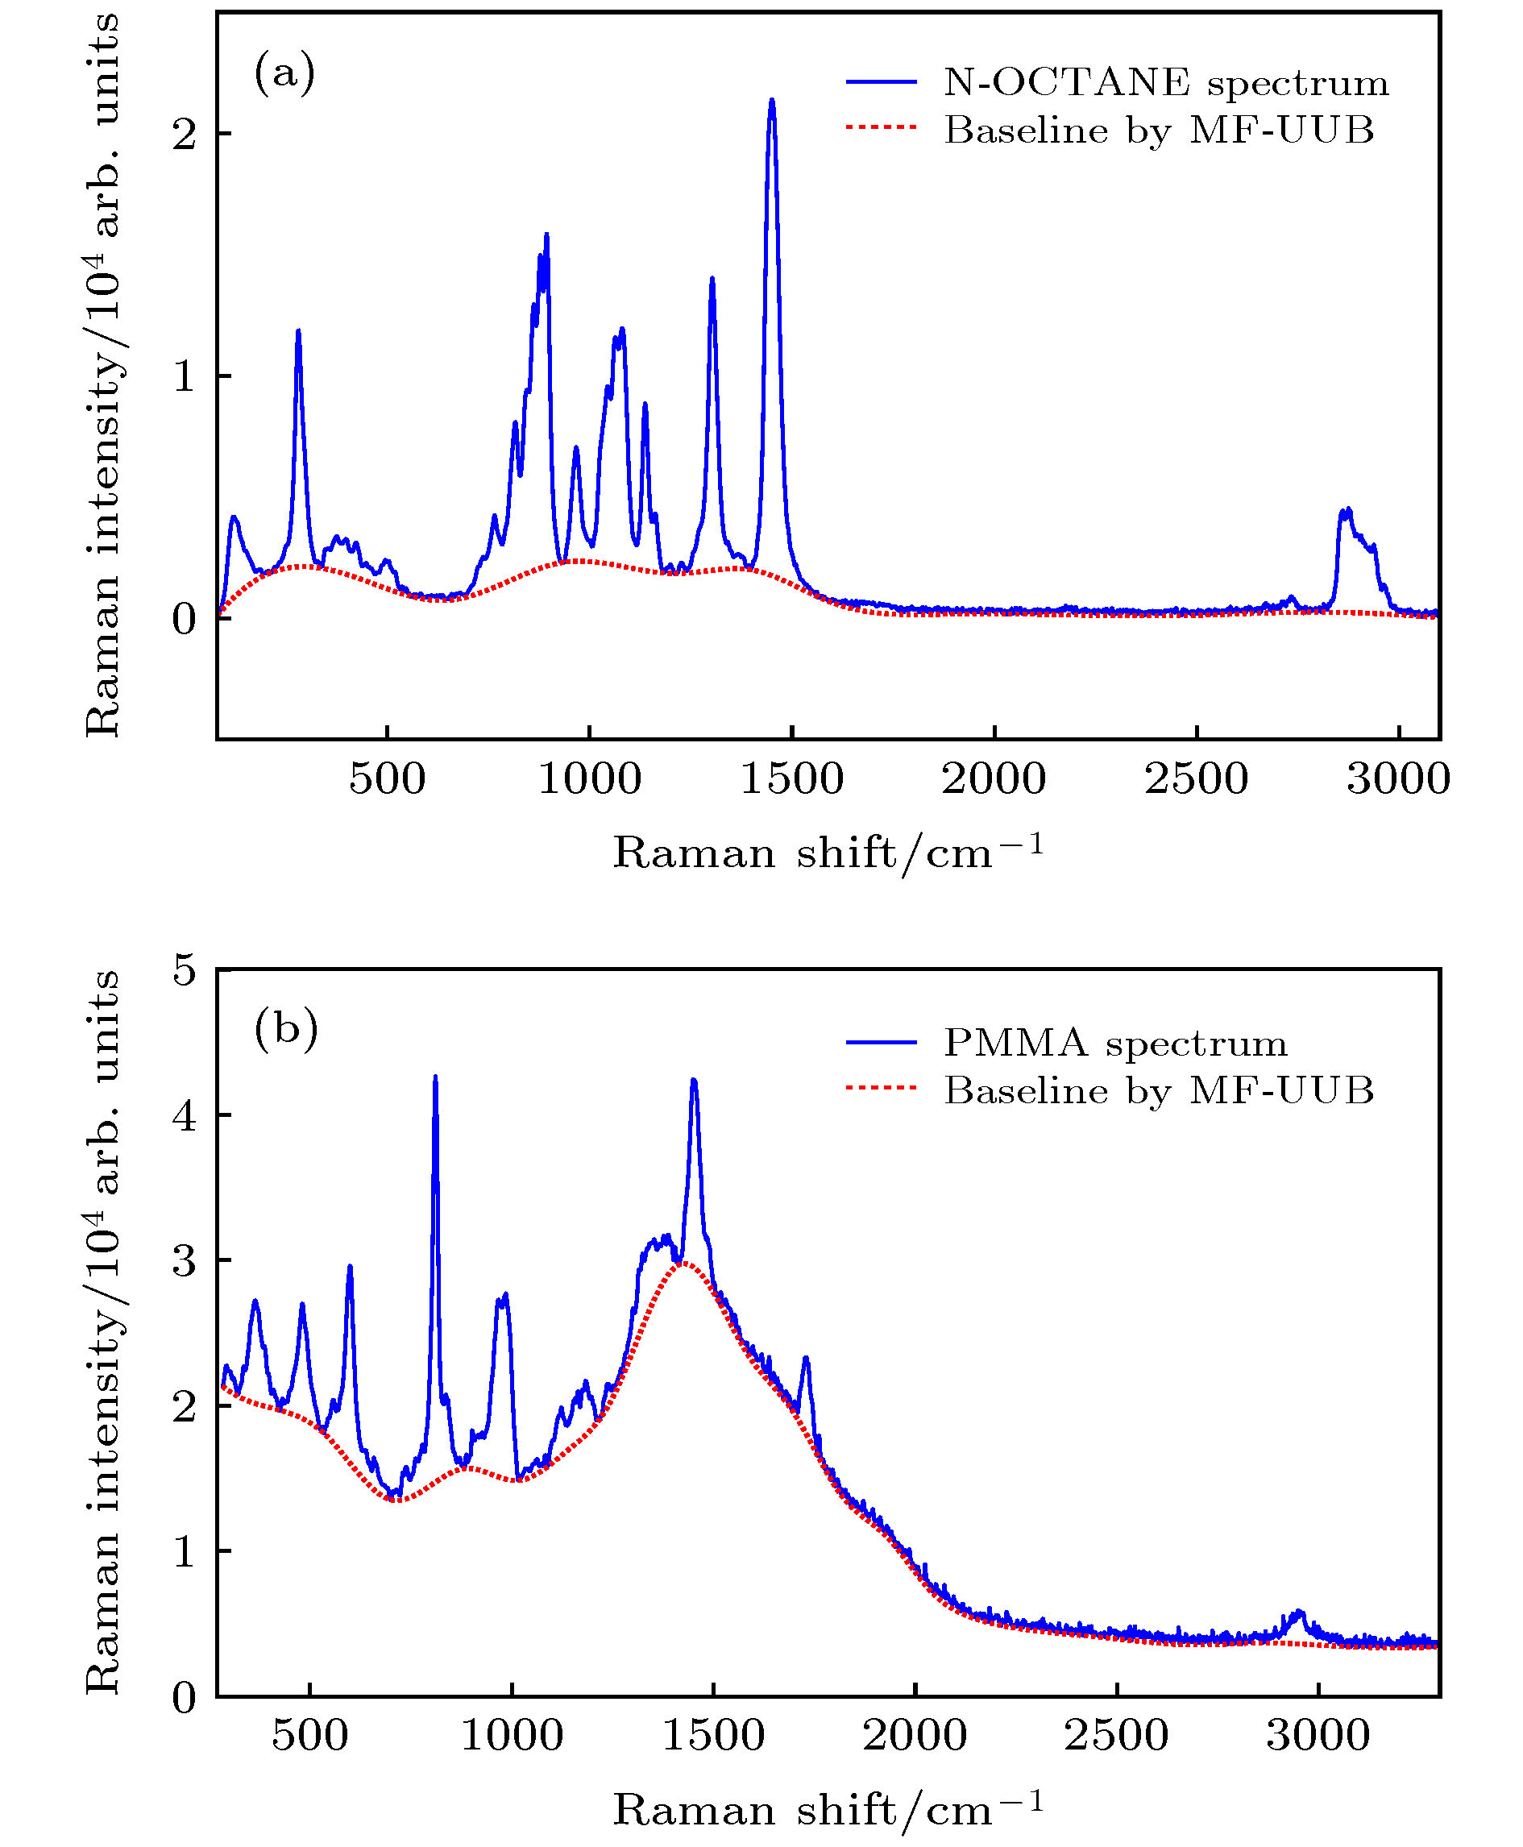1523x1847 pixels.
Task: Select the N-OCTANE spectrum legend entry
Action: pos(1165,82)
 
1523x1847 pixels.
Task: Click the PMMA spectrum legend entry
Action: pos(1114,1043)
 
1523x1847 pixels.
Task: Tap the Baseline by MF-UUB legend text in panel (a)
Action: pos(1158,130)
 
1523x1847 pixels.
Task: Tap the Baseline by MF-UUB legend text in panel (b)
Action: pos(1158,1090)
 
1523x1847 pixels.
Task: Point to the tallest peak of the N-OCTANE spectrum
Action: pos(771,102)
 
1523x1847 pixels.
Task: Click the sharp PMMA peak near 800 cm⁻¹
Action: pos(435,1078)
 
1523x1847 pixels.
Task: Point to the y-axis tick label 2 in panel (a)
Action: pos(185,135)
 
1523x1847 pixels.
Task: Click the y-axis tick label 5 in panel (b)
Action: pos(185,971)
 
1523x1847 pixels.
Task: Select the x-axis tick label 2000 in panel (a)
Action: pos(994,779)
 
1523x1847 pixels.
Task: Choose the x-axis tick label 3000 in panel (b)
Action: pos(1318,1736)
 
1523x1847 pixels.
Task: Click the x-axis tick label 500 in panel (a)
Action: pos(387,779)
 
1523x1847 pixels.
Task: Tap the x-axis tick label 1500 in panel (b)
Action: pos(713,1736)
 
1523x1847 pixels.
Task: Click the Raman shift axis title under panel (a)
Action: pos(828,851)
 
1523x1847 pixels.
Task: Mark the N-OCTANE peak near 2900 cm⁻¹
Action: pos(1346,511)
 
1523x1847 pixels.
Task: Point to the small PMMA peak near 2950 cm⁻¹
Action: pos(1298,1612)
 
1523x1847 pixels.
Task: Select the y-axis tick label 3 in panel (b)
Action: pos(185,1261)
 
